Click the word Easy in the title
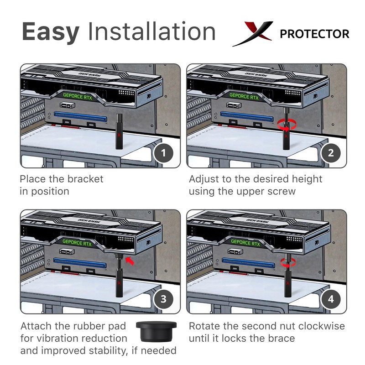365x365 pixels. click(x=50, y=32)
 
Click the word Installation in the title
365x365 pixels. click(x=152, y=32)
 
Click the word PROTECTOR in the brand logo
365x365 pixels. click(x=314, y=34)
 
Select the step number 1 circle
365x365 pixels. click(x=163, y=152)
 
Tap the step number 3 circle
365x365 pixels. click(x=163, y=299)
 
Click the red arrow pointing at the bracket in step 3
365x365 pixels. click(x=130, y=261)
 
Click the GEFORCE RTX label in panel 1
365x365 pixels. click(x=76, y=96)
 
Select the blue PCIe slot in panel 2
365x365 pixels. click(x=247, y=117)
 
